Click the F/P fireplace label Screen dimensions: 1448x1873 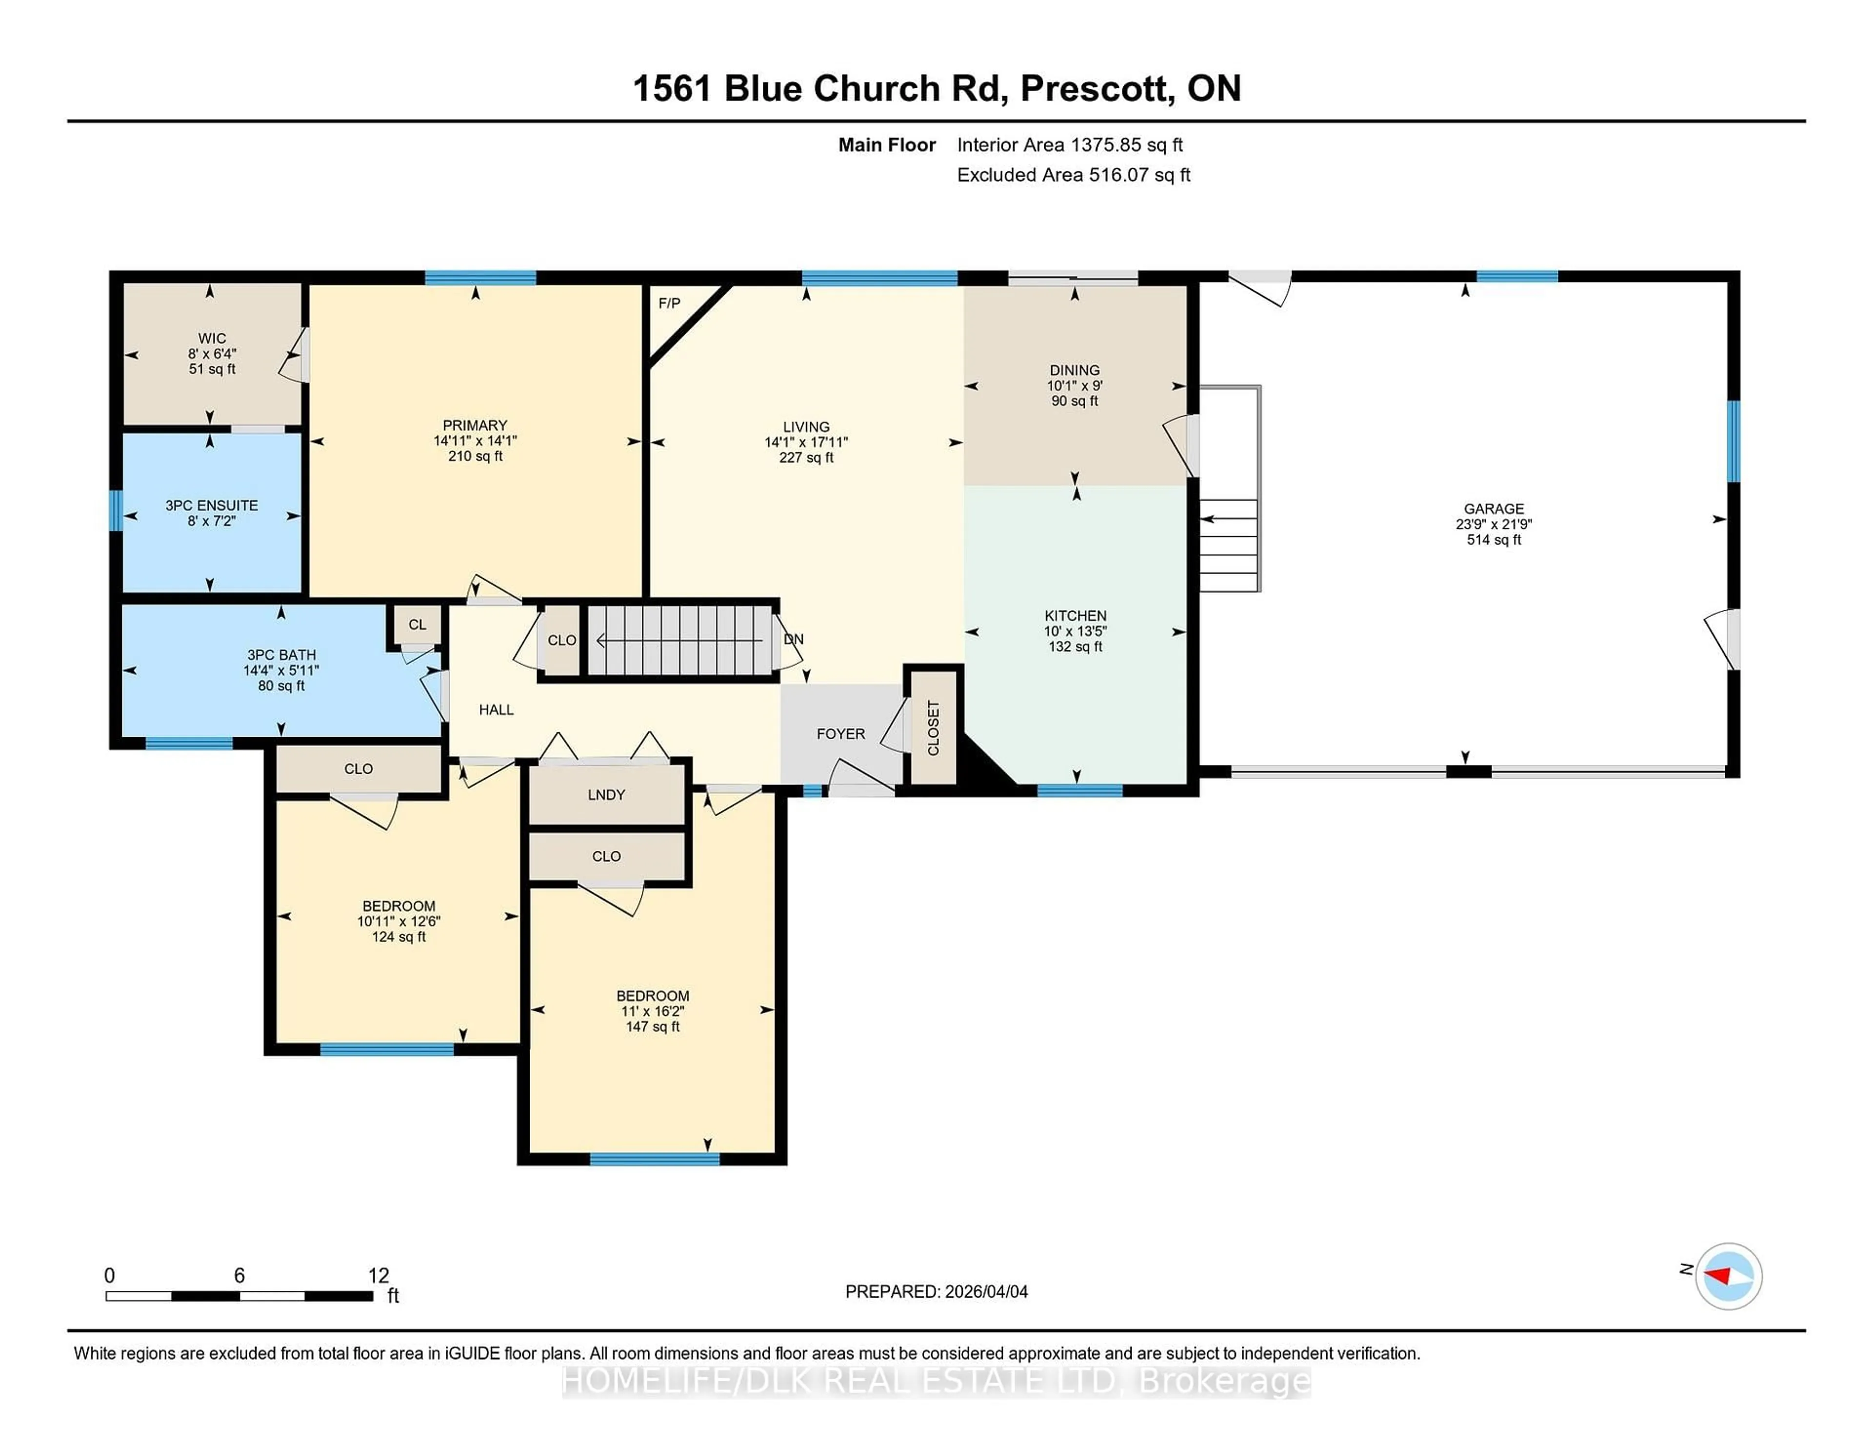[x=669, y=303]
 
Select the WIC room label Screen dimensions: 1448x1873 [x=212, y=338]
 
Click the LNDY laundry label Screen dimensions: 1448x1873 [x=606, y=794]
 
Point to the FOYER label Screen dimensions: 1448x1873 [x=840, y=733]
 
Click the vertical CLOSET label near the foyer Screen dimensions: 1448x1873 [x=933, y=727]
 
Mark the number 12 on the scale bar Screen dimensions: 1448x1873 [x=378, y=1276]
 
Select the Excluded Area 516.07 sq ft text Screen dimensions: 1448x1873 [x=1073, y=175]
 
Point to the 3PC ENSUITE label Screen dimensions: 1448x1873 [x=212, y=505]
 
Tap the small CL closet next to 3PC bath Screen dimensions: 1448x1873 [x=418, y=624]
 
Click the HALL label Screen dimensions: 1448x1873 [x=496, y=709]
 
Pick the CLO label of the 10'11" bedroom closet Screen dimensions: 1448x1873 [x=359, y=768]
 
